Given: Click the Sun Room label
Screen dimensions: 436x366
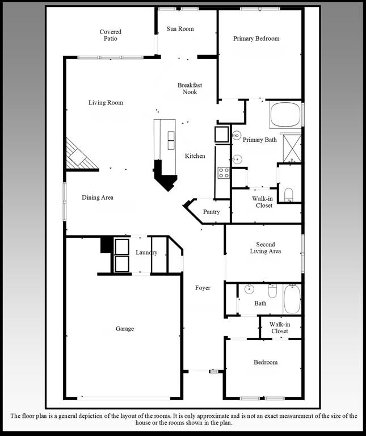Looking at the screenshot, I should (180, 29).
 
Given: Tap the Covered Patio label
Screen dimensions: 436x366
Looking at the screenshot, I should (111, 35).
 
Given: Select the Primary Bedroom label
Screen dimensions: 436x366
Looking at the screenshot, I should (256, 39).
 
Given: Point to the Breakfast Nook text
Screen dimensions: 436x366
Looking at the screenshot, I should (190, 89).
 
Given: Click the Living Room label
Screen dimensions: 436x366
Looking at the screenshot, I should (106, 103).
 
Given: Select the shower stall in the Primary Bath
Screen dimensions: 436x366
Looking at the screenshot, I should (292, 148).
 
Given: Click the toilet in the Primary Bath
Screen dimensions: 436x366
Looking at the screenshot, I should (288, 194).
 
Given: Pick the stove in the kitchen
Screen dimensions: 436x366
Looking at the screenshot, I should (223, 173).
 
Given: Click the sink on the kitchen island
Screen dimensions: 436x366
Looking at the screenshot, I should (171, 139).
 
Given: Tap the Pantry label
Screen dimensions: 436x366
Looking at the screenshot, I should (211, 212).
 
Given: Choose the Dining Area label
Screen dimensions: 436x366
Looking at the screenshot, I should (98, 198).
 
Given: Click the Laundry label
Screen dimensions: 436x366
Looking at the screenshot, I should (146, 252).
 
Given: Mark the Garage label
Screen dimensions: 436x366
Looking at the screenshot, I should (125, 329).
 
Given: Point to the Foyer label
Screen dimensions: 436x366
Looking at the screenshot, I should (203, 288).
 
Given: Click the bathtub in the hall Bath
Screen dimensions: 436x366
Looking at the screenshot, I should (292, 299).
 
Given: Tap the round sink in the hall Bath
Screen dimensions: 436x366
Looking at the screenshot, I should (249, 290).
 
